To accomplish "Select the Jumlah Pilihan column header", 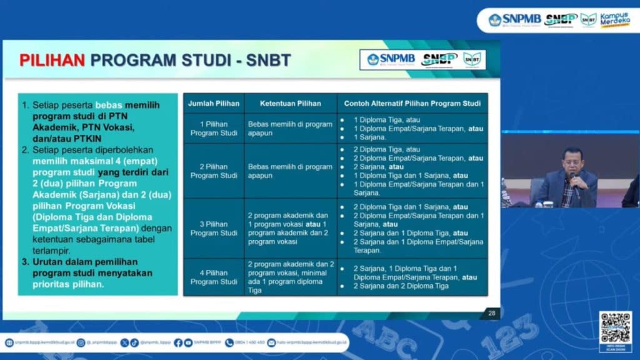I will [214, 103].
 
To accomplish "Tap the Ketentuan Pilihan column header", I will [290, 103].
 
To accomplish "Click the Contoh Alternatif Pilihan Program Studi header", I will [412, 103].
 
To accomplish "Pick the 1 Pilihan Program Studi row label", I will [214, 128].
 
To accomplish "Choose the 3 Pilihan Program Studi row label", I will [214, 229].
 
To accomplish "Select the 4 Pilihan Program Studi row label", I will [214, 277].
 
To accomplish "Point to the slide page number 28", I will [491, 312].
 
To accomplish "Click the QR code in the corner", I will [615, 327].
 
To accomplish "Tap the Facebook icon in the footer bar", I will [178, 342].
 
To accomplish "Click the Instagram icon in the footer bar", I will [81, 342].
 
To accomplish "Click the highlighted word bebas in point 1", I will [109, 105].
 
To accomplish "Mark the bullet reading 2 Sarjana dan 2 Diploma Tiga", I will [401, 286].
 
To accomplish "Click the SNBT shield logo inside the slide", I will [472, 59].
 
